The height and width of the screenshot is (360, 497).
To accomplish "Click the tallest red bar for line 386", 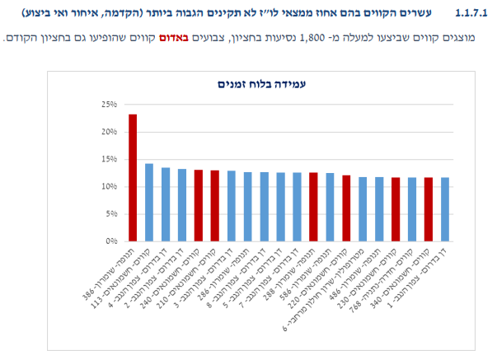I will pos(133,177).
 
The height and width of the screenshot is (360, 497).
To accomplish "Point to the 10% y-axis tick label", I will pos(110,187).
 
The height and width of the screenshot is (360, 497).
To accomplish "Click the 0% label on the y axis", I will pos(112,241).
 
